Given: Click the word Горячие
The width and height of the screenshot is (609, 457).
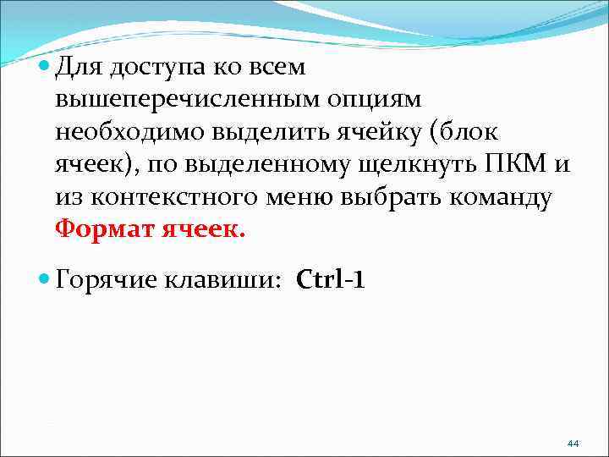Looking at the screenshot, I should click(x=107, y=280).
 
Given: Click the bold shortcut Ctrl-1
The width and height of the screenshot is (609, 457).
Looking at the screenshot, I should click(x=331, y=279).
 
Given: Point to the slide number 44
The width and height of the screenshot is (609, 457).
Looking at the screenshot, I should click(x=573, y=443).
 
